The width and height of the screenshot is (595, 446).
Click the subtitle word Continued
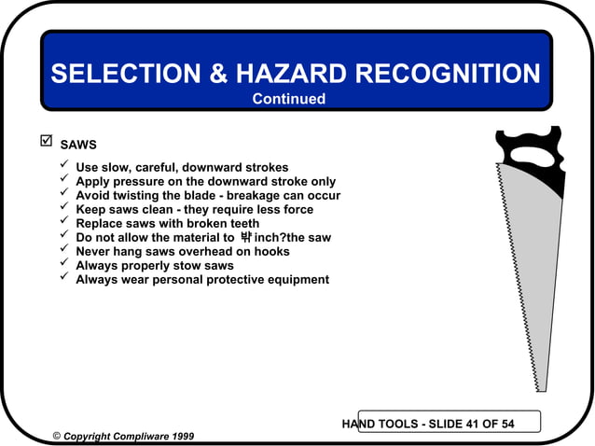pos(289,99)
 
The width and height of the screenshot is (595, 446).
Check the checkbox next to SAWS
pos(43,143)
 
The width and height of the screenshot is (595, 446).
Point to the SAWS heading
pos(78,146)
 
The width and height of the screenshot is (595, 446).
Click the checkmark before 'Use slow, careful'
pos(63,166)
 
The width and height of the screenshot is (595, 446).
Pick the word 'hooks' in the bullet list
pos(271,252)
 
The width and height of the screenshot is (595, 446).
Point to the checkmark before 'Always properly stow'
pos(63,264)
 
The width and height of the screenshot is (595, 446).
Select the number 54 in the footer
pos(505,425)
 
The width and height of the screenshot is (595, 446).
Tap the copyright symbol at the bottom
pos(57,436)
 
